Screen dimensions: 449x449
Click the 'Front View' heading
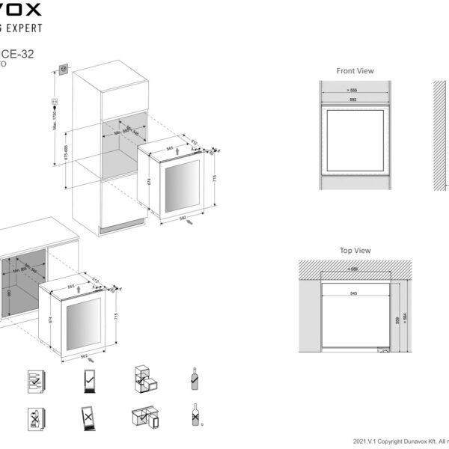tap(355, 71)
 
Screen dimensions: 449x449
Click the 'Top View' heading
tap(355, 251)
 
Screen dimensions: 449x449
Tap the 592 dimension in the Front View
tap(355, 98)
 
